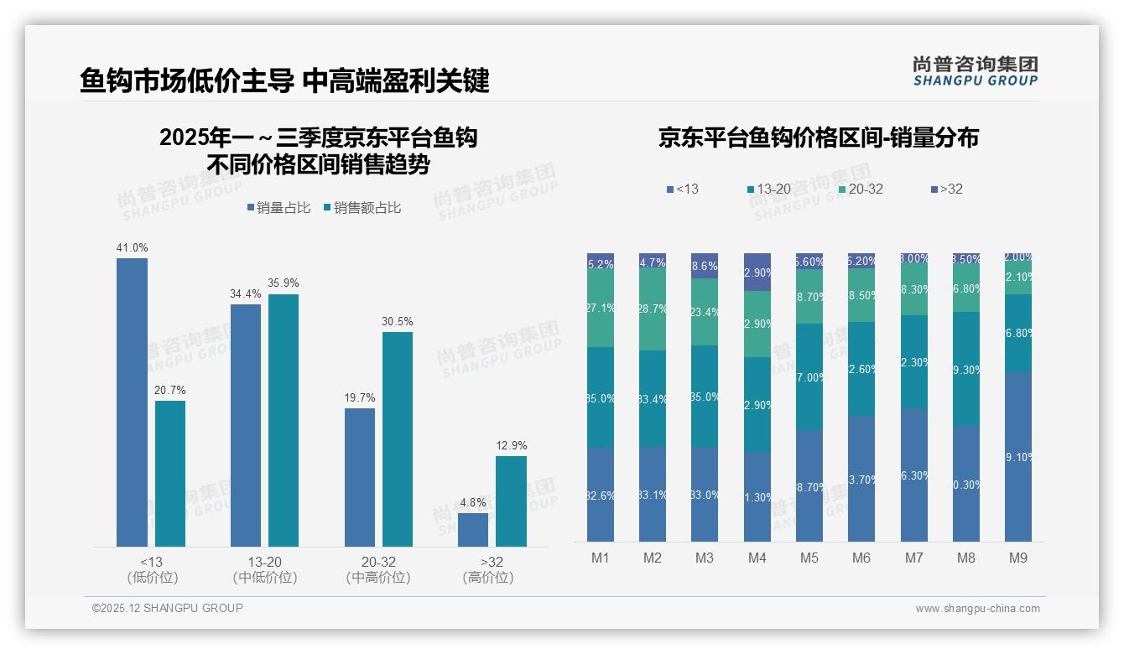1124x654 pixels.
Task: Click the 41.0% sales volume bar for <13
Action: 132,402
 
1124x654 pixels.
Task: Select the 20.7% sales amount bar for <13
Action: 170,474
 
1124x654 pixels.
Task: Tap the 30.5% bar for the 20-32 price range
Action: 398,439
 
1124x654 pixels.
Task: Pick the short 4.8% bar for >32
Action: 473,530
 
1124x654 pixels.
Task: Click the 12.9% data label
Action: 512,445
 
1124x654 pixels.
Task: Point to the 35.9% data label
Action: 284,283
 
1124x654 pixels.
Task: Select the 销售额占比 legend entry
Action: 362,208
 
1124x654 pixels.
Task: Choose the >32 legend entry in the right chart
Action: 945,189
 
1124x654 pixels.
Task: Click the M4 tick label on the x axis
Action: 757,558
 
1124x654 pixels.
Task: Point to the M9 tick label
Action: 1017,558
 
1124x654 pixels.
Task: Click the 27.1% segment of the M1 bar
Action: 601,309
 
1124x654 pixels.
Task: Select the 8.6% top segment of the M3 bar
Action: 705,265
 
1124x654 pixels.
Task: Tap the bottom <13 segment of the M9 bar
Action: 1017,457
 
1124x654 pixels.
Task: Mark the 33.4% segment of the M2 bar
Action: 653,398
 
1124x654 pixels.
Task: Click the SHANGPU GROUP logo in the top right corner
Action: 975,70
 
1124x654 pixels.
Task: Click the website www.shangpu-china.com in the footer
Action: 977,609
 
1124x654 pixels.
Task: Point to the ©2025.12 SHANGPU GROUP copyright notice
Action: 168,608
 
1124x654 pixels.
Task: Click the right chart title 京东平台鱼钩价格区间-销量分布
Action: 818,138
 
